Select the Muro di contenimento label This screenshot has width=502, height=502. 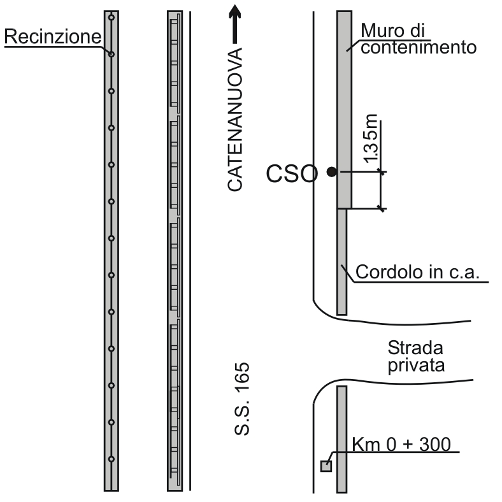click(418, 39)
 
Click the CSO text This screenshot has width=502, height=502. click(290, 173)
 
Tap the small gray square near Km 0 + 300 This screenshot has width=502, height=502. click(326, 466)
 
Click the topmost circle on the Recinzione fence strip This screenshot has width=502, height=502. click(111, 17)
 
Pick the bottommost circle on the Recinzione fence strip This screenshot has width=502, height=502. click(111, 459)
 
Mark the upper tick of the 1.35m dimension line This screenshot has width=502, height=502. click(381, 171)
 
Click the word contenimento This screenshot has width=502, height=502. click(418, 47)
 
